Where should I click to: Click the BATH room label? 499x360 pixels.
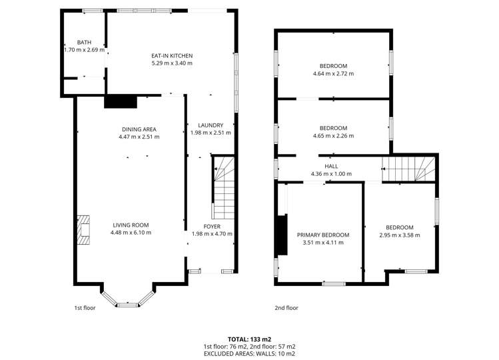tap(83, 42)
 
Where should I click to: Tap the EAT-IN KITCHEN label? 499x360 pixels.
tap(171, 56)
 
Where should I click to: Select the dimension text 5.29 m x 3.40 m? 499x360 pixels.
tap(171, 63)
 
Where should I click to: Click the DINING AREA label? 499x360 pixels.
tap(130, 129)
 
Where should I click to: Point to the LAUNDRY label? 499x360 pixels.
tap(211, 125)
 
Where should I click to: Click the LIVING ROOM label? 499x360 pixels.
tap(131, 225)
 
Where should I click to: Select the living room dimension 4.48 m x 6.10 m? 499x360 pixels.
tap(131, 233)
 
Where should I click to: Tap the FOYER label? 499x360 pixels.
tap(211, 227)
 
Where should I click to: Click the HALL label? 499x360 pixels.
tap(331, 167)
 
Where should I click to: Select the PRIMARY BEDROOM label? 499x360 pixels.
tap(322, 235)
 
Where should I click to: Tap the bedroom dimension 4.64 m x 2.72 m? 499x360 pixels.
tap(333, 74)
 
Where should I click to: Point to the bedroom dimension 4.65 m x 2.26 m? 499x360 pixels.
tap(333, 136)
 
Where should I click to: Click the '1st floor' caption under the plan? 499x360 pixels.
tap(85, 308)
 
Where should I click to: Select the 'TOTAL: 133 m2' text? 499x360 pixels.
tap(249, 339)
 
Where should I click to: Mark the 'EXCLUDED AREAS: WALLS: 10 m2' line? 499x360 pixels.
tap(249, 354)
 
